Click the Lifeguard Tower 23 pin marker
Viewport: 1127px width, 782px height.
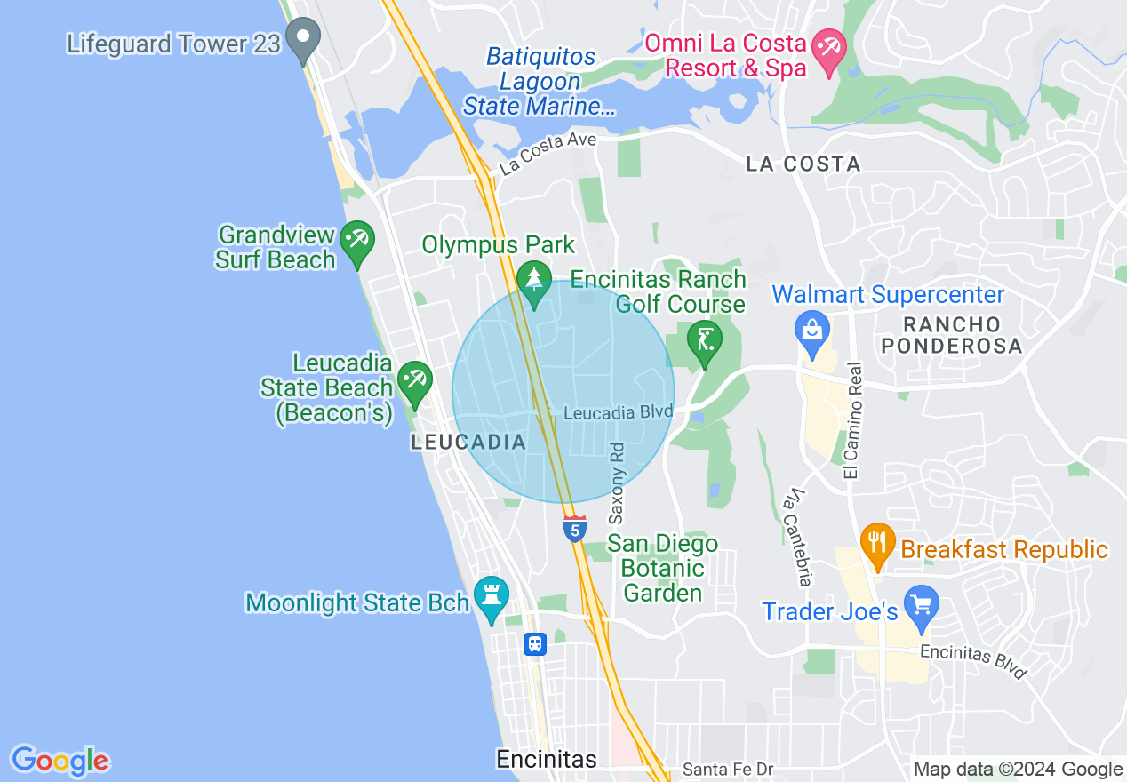(x=305, y=40)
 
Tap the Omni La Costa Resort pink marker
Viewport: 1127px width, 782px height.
(x=831, y=51)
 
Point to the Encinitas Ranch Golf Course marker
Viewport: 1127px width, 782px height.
(x=705, y=342)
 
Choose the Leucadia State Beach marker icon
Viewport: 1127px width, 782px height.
(x=414, y=383)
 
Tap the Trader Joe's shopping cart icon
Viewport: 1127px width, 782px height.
(x=921, y=605)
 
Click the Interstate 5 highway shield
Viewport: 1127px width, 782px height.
(x=575, y=529)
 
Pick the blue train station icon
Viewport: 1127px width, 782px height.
(x=534, y=643)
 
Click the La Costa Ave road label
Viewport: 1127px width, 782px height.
(x=548, y=152)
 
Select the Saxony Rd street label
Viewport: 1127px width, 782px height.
(x=617, y=483)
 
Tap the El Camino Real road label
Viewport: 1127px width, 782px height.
(x=854, y=421)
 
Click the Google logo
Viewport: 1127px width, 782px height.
(x=60, y=761)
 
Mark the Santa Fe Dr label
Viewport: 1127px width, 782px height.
(x=723, y=769)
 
